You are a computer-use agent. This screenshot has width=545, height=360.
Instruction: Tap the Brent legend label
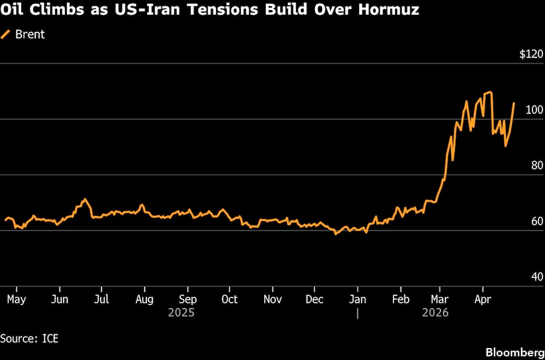pyautogui.click(x=30, y=34)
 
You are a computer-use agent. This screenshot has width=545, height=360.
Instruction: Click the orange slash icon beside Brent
pyautogui.click(x=7, y=34)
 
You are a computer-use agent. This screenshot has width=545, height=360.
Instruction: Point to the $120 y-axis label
pyautogui.click(x=531, y=54)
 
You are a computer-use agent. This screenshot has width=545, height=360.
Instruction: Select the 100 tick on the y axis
pyautogui.click(x=535, y=110)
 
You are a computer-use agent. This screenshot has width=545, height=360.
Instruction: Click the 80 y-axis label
pyautogui.click(x=537, y=166)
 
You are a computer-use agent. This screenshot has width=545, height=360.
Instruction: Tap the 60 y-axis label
pyautogui.click(x=537, y=221)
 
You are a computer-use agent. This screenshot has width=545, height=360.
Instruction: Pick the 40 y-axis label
pyautogui.click(x=537, y=277)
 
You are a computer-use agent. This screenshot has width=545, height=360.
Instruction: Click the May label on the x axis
pyautogui.click(x=16, y=299)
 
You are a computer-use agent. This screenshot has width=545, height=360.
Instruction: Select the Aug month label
pyautogui.click(x=144, y=299)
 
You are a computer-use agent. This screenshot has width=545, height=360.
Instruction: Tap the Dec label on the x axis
pyautogui.click(x=315, y=299)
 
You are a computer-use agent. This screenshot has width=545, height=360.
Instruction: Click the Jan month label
pyautogui.click(x=358, y=299)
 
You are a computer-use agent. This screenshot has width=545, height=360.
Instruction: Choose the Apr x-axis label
pyautogui.click(x=482, y=299)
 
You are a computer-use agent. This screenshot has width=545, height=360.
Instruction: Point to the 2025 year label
pyautogui.click(x=181, y=313)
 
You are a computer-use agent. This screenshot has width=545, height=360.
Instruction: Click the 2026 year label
pyautogui.click(x=435, y=313)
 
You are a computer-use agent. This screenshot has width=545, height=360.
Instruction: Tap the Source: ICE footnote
pyautogui.click(x=29, y=338)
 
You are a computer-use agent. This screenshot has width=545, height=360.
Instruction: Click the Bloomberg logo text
pyautogui.click(x=515, y=352)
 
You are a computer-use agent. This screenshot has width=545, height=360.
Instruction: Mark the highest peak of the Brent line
pyautogui.click(x=491, y=92)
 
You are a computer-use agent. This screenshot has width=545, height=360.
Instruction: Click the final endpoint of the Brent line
pyautogui.click(x=514, y=103)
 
